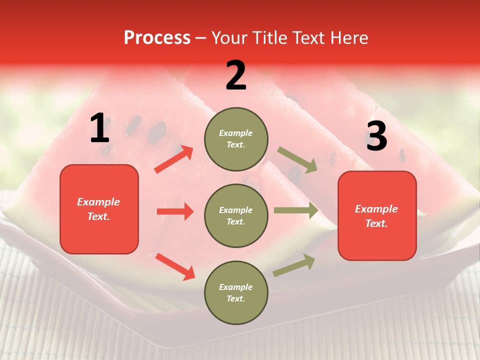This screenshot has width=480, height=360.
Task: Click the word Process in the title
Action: pos(157,38)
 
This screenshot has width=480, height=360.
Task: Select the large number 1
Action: pos(99,128)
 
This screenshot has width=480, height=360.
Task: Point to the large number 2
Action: pos(236,76)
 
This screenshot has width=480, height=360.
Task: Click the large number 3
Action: pos(376,136)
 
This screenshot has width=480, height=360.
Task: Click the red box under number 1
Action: pos(99,209)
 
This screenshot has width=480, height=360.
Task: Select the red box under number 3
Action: pos(377,216)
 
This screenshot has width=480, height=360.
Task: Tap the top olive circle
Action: pos(236,139)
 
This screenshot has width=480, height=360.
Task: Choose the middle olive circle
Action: pos(236,215)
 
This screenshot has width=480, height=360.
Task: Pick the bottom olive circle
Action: pos(236,292)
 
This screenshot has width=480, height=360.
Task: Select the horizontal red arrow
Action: pos(175,211)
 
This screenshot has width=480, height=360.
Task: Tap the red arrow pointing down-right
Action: pos(175,266)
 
